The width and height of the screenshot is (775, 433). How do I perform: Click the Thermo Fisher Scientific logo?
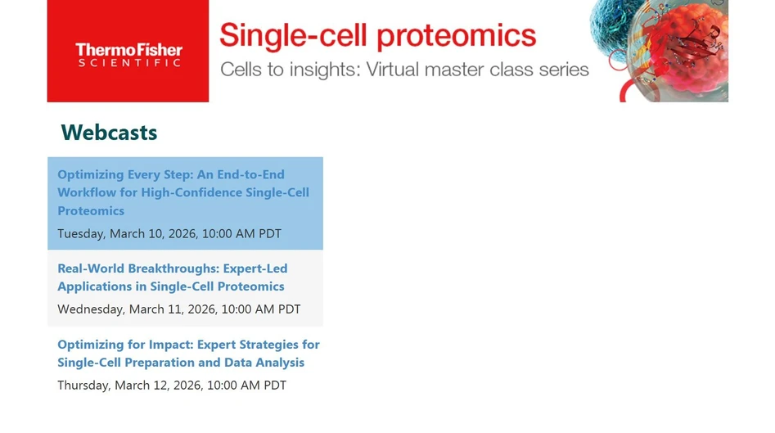tap(128, 54)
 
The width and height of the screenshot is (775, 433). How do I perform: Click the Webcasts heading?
tap(109, 133)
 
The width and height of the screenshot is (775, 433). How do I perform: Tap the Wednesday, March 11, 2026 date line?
tap(178, 309)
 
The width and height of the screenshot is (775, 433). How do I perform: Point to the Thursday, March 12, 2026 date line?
tap(172, 386)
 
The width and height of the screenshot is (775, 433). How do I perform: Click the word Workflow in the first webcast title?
tap(87, 192)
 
